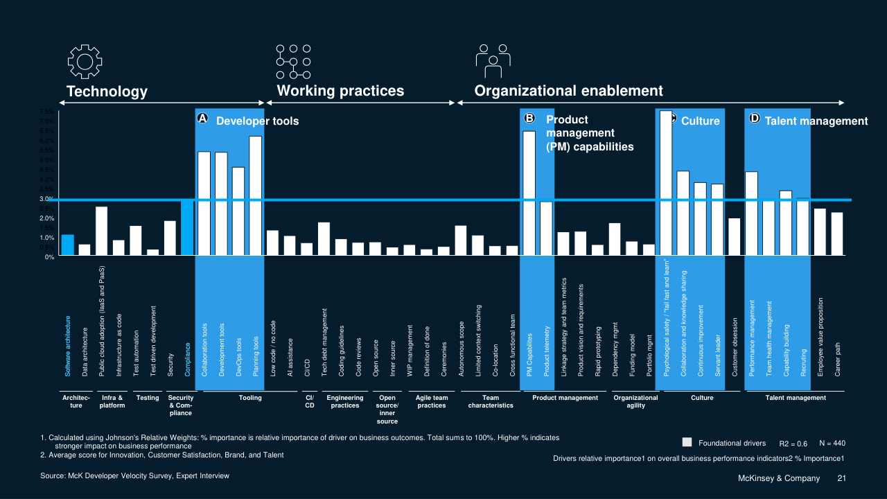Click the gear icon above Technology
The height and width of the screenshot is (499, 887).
click(85, 62)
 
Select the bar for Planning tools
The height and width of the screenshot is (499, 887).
click(256, 196)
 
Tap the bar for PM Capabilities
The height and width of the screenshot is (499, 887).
click(529, 193)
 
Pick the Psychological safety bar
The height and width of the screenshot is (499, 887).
click(665, 183)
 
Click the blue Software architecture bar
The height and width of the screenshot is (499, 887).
click(67, 245)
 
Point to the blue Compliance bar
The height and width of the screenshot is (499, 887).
click(187, 228)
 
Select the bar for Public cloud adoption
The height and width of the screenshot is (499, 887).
click(101, 231)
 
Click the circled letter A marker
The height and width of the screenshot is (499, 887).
click(202, 119)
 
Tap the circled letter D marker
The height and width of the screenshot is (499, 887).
click(755, 119)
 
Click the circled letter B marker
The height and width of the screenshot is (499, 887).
click(529, 119)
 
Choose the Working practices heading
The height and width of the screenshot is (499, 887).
click(340, 91)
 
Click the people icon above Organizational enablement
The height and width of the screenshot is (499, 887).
click(493, 62)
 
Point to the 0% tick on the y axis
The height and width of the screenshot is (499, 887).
click(50, 257)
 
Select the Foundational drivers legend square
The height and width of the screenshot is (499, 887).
click(687, 442)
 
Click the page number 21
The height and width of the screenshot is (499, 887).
click(842, 479)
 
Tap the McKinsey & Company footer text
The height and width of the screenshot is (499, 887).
click(778, 479)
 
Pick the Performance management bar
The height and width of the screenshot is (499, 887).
click(751, 213)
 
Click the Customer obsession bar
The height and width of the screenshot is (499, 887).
click(734, 237)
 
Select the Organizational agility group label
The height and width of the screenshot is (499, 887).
click(635, 401)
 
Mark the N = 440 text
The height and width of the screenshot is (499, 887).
click(832, 443)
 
